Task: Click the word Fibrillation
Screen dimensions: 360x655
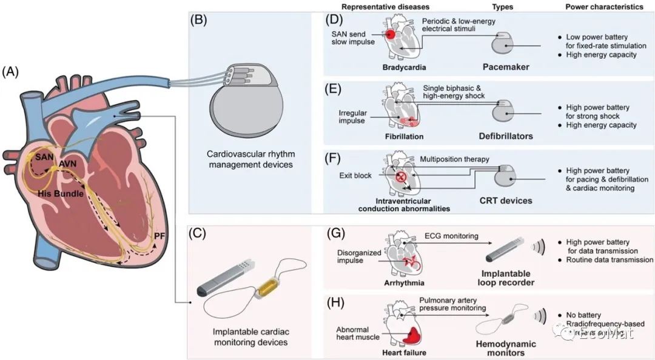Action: click(401, 136)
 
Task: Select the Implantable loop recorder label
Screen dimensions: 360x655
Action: click(505, 278)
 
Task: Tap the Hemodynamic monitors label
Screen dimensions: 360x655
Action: click(505, 348)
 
